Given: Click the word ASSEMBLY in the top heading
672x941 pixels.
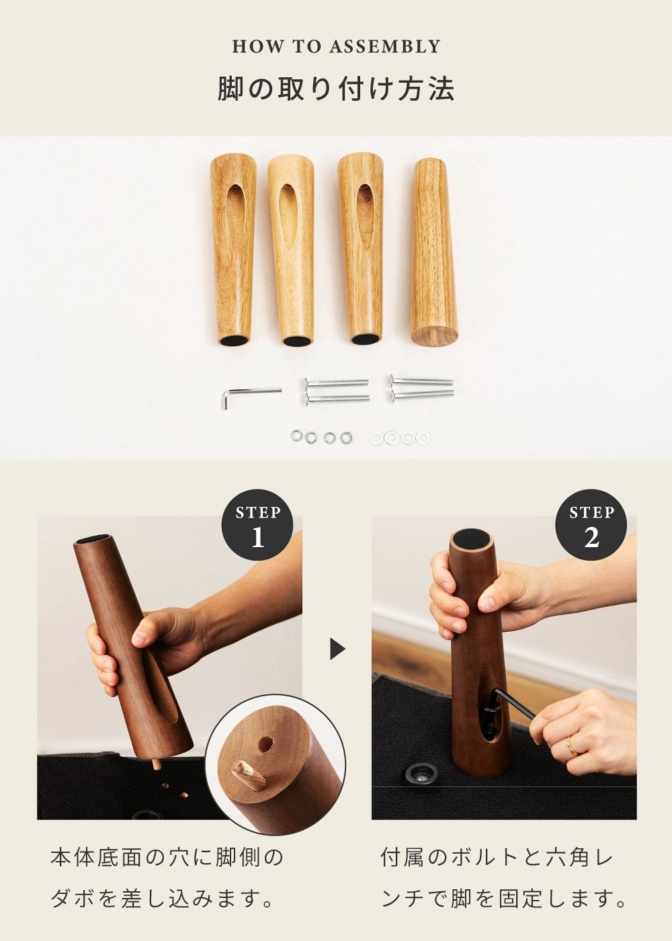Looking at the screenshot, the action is (384, 46).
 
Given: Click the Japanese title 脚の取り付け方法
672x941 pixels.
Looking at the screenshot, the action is (336, 89).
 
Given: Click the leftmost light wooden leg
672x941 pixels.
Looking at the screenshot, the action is (233, 250).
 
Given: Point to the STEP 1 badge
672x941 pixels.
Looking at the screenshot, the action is (257, 525).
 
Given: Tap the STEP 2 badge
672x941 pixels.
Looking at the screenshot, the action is (591, 525).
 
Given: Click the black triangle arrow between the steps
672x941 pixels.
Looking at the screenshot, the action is (337, 649).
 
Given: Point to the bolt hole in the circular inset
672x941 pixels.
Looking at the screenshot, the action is (266, 743).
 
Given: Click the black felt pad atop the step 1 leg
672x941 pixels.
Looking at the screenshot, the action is (96, 538).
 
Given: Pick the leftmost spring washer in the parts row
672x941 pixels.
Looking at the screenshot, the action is (297, 437).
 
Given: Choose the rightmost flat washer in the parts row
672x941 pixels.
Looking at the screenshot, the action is (423, 438).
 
